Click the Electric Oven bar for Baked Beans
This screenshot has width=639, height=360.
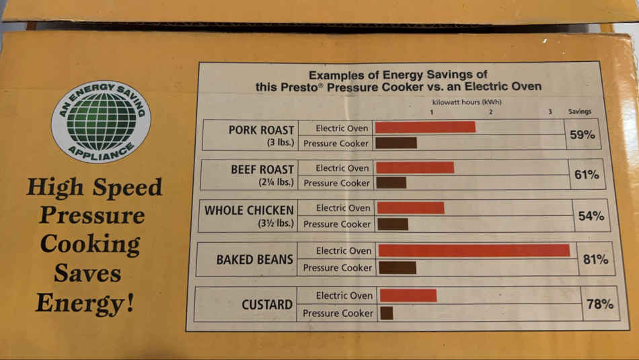click(x=474, y=250)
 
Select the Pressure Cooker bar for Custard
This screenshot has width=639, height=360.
click(x=386, y=313)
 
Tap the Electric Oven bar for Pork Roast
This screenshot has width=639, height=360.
click(x=425, y=127)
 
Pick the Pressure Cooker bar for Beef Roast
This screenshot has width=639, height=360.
click(x=391, y=182)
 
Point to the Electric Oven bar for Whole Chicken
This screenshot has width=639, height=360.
click(x=410, y=208)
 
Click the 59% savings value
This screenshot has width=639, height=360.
click(x=582, y=135)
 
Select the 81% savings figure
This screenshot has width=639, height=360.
click(x=595, y=259)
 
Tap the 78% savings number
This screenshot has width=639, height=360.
click(x=599, y=304)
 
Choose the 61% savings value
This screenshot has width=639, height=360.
click(x=587, y=175)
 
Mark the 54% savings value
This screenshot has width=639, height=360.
click(x=591, y=216)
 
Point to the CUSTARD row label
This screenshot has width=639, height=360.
click(x=267, y=305)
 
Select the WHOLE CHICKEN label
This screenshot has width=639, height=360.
click(x=249, y=210)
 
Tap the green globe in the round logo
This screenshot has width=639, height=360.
click(x=102, y=121)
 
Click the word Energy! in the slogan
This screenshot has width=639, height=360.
click(x=85, y=302)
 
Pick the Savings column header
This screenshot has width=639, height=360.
click(x=580, y=112)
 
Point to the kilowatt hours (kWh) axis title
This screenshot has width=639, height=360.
click(x=467, y=102)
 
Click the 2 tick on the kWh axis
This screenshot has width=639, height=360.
click(x=491, y=112)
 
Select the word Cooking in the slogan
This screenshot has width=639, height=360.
click(x=90, y=244)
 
